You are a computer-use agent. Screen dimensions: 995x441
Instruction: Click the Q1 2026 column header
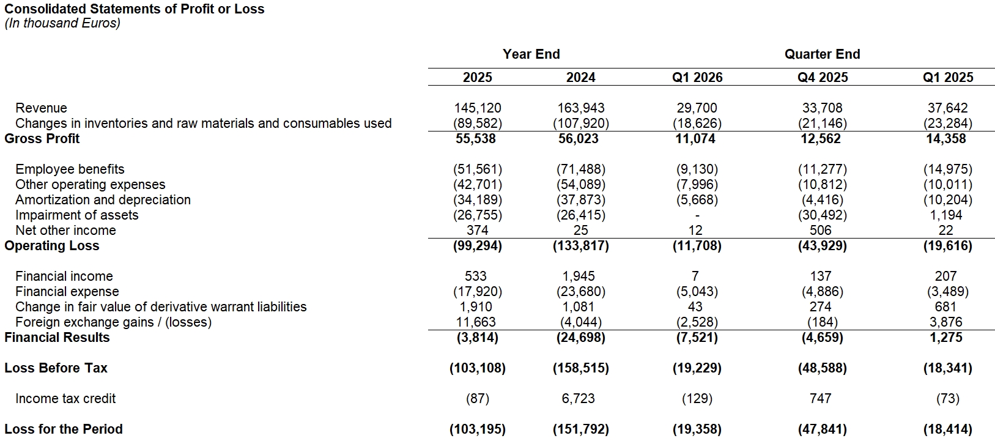pyautogui.click(x=697, y=77)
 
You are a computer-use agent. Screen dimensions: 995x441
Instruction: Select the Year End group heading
pyautogui.click(x=531, y=54)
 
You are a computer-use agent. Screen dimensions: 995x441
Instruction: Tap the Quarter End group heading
pyautogui.click(x=822, y=54)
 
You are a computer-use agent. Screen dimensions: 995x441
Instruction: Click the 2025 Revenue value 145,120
pyautogui.click(x=478, y=108)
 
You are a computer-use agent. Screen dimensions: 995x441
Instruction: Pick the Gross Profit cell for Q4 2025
pyautogui.click(x=821, y=139)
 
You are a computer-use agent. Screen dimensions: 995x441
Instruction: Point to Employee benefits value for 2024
pyautogui.click(x=580, y=169)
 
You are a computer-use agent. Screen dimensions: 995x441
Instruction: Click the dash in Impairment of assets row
pyautogui.click(x=697, y=216)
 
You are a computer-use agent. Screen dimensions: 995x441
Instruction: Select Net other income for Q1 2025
pyautogui.click(x=945, y=231)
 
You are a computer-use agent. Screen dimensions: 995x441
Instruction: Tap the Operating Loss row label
pyautogui.click(x=52, y=246)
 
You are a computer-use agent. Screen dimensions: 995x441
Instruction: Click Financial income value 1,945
pyautogui.click(x=579, y=276)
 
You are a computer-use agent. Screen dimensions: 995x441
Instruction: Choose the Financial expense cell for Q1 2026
pyautogui.click(x=697, y=292)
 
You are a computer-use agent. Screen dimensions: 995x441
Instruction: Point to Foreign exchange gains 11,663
pyautogui.click(x=476, y=322)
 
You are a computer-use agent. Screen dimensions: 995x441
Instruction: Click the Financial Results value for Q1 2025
pyautogui.click(x=945, y=338)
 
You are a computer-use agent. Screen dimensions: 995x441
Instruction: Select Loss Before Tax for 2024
pyautogui.click(x=580, y=368)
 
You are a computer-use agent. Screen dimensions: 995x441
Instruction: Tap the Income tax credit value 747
pyautogui.click(x=821, y=398)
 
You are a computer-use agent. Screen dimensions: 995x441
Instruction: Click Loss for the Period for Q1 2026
pyautogui.click(x=697, y=429)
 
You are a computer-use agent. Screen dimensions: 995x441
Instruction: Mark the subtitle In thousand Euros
pyautogui.click(x=62, y=23)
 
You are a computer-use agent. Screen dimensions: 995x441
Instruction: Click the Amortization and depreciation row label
pyautogui.click(x=103, y=200)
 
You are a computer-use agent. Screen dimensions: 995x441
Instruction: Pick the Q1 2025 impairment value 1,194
pyautogui.click(x=945, y=215)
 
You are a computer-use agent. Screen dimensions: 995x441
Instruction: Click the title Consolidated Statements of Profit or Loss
pyautogui.click(x=134, y=9)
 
